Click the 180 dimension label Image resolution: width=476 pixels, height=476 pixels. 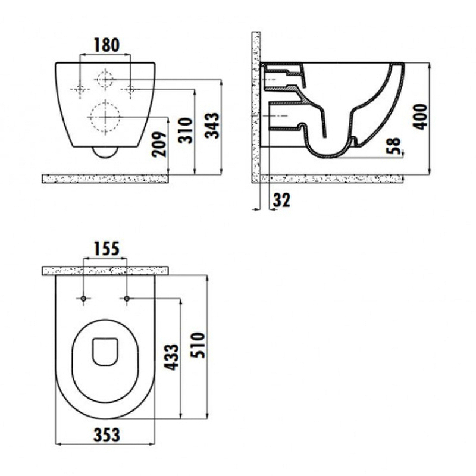point(107,45)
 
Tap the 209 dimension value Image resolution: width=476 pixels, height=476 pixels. point(159,144)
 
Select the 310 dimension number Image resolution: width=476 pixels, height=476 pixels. point(186,130)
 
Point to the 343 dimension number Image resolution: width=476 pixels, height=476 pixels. point(212,126)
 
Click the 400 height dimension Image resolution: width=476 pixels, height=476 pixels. point(421,117)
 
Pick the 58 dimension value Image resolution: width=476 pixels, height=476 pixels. point(394,146)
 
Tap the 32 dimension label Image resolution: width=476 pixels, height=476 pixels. point(281,200)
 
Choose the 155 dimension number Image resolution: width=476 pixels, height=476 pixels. point(107,249)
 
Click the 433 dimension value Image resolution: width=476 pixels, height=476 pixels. point(171,357)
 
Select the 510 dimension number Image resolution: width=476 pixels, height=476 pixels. point(198,345)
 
